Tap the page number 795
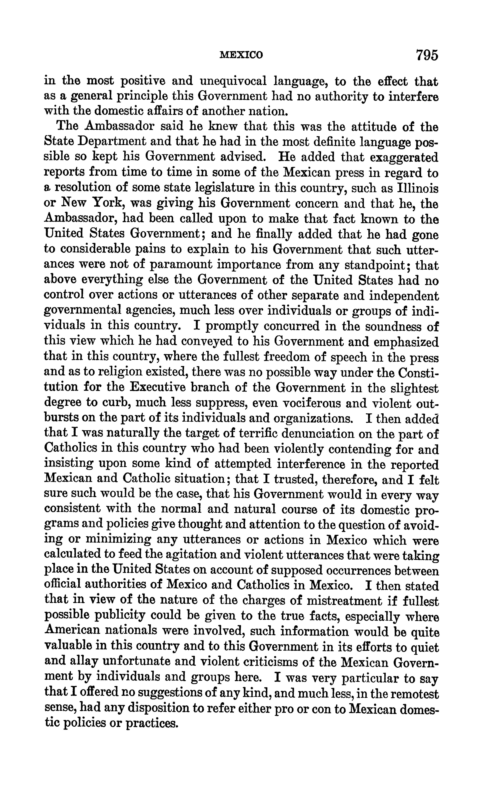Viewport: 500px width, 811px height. [427, 55]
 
